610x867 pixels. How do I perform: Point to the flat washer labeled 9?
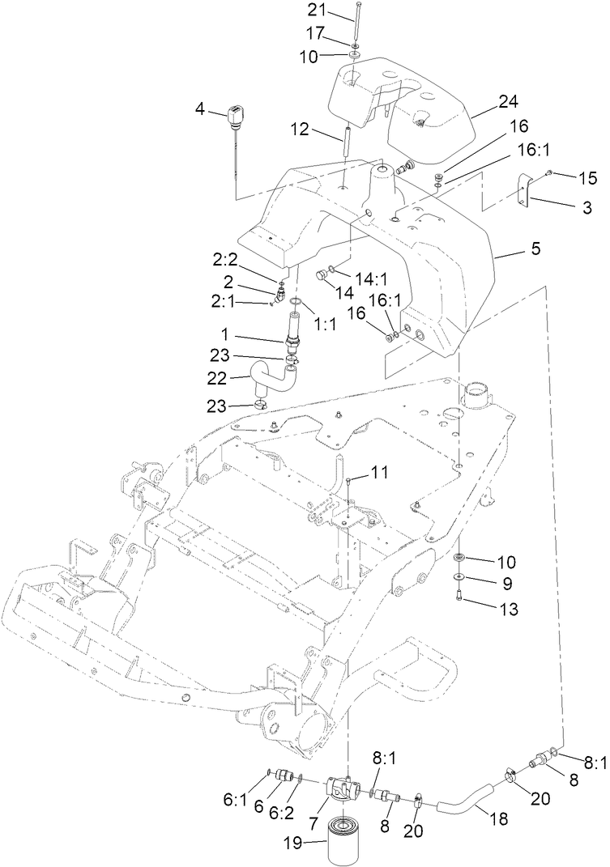pyautogui.click(x=459, y=577)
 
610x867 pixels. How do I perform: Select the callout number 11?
pyautogui.click(x=380, y=471)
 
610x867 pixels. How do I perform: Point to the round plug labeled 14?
pyautogui.click(x=322, y=274)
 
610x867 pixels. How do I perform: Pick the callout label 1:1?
pyautogui.click(x=324, y=321)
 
